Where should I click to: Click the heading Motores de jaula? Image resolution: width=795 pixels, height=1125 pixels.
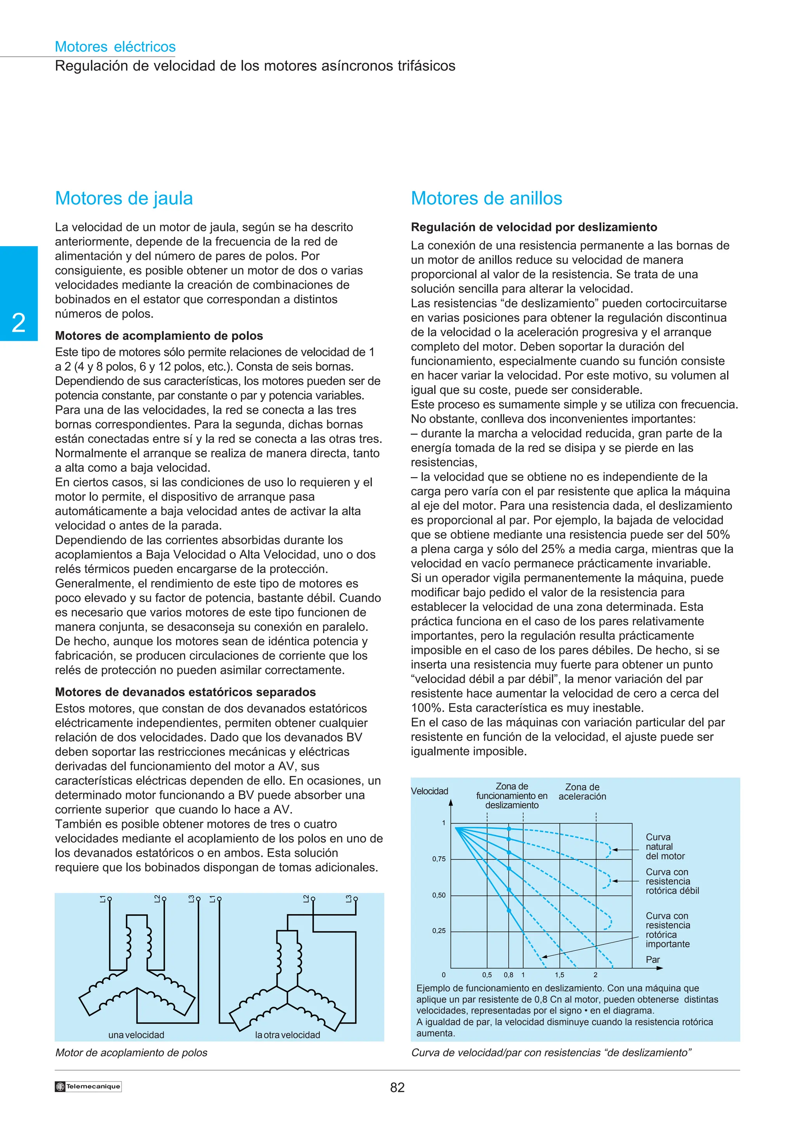(124, 198)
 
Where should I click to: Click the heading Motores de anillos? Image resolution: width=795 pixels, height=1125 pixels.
(486, 198)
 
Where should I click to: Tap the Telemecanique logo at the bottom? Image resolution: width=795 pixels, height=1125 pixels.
(88, 1086)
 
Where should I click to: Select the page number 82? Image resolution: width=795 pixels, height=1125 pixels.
(397, 1087)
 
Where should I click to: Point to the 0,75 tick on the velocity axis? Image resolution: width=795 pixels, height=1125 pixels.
(439, 859)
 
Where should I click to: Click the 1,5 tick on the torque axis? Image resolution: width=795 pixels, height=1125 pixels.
(559, 975)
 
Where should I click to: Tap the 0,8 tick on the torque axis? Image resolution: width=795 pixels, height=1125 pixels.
(509, 975)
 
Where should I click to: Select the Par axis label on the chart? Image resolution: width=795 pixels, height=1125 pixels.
(653, 959)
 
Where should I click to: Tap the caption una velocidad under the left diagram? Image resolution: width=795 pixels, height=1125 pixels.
(136, 1035)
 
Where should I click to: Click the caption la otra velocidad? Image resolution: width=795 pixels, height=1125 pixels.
(288, 1035)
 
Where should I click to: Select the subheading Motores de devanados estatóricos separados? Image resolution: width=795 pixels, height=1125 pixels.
(185, 692)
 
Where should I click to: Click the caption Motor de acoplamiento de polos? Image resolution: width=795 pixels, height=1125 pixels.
(131, 1052)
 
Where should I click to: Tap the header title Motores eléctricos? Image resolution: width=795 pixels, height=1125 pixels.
(115, 47)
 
